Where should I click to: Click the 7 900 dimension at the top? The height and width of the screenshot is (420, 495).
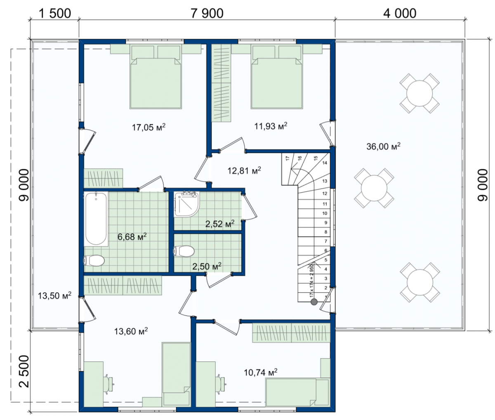pyautogui.click(x=207, y=14)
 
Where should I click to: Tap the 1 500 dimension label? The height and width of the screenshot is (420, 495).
pyautogui.click(x=54, y=14)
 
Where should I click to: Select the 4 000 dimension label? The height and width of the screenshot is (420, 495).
pyautogui.click(x=400, y=14)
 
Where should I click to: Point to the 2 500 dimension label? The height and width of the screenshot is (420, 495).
pyautogui.click(x=24, y=371)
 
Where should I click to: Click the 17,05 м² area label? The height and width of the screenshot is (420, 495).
pyautogui.click(x=149, y=127)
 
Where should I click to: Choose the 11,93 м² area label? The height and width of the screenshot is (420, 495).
pyautogui.click(x=271, y=126)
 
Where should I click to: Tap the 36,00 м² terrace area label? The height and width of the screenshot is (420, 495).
pyautogui.click(x=383, y=146)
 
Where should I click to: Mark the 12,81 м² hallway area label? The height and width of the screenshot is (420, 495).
pyautogui.click(x=244, y=170)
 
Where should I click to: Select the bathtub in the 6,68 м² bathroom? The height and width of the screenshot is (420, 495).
pyautogui.click(x=96, y=219)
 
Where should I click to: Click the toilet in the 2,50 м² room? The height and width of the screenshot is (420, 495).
pyautogui.click(x=184, y=251)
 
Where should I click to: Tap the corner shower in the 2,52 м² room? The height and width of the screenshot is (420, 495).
pyautogui.click(x=187, y=204)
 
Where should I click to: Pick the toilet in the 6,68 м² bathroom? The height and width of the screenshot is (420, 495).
pyautogui.click(x=94, y=260)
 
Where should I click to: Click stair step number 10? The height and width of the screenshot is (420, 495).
pyautogui.click(x=325, y=213)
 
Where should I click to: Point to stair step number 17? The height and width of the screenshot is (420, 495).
pyautogui.click(x=288, y=158)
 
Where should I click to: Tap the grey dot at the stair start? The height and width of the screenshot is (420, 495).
pyautogui.click(x=314, y=302)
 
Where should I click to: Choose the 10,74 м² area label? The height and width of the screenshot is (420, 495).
pyautogui.click(x=261, y=372)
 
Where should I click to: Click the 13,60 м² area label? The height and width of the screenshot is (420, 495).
pyautogui.click(x=131, y=331)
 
